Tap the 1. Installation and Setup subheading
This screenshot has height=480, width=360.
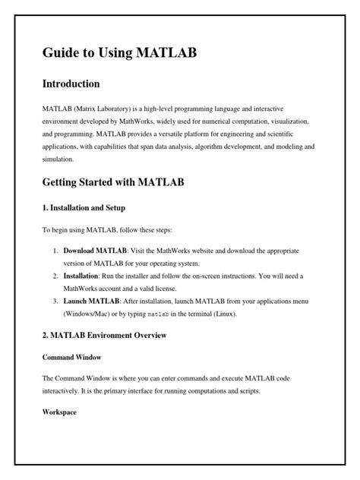coord(84,207)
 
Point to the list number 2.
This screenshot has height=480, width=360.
coord(55,275)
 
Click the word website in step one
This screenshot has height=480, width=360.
coord(207,249)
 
